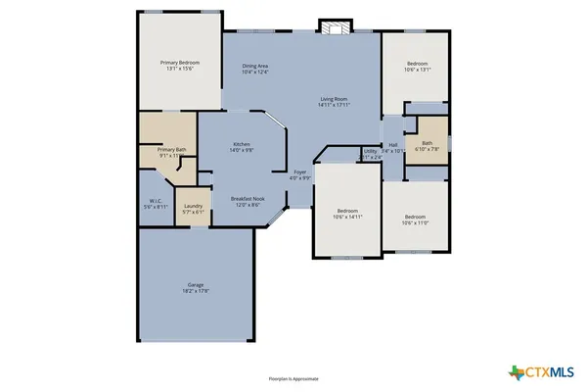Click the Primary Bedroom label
179,62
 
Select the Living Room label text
335,98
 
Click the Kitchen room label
242,144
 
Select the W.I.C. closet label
155,203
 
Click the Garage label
196,285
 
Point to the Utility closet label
370,151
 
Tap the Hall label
392,145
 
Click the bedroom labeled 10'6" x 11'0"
416,217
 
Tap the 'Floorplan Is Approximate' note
293,378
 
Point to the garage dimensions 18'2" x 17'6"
196,291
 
